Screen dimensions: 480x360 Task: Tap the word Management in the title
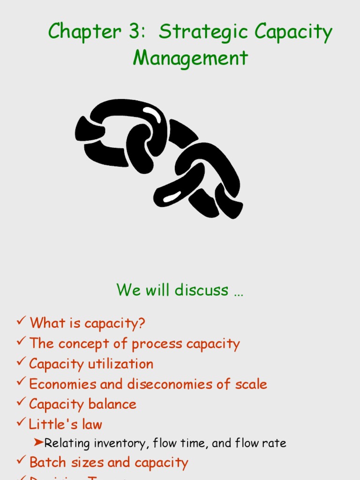click(190, 58)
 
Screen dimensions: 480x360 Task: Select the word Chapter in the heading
click(84, 32)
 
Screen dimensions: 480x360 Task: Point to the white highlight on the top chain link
click(151, 114)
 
